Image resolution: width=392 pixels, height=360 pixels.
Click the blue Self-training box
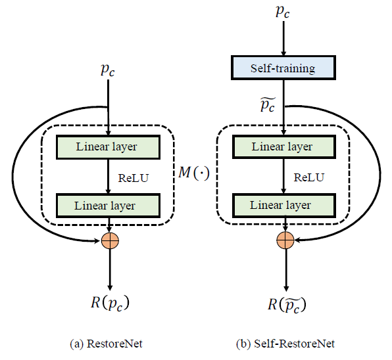pyautogui.click(x=282, y=68)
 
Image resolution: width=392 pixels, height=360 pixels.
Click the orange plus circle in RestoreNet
pyautogui.click(x=110, y=240)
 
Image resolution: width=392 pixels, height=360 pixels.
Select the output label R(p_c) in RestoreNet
pyautogui.click(x=109, y=303)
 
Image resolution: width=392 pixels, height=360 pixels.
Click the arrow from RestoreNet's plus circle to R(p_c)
pyautogui.click(x=110, y=269)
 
